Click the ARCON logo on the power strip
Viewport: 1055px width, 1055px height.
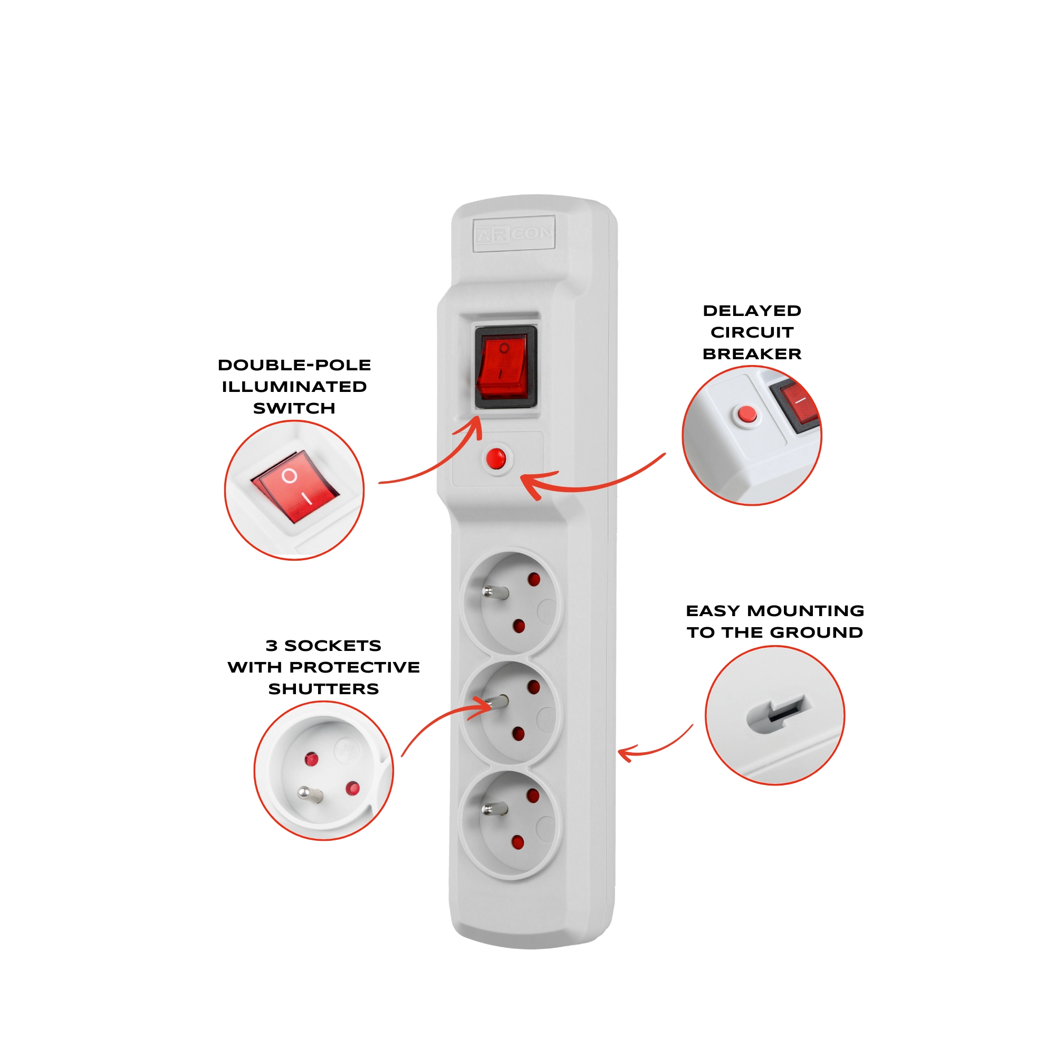(514, 234)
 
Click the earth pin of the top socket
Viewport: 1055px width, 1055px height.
(495, 591)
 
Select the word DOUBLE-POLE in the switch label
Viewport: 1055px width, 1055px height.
(294, 365)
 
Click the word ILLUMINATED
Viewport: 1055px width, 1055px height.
(294, 387)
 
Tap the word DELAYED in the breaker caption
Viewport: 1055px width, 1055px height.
(752, 311)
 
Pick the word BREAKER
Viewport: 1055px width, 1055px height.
(752, 354)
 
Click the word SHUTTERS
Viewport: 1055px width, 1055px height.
(324, 688)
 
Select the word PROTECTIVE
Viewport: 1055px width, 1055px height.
(355, 667)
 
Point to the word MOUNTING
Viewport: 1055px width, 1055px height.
(805, 610)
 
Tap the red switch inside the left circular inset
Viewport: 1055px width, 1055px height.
(295, 486)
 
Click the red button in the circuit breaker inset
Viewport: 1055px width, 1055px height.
(747, 415)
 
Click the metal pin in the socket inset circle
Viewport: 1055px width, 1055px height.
(310, 794)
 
